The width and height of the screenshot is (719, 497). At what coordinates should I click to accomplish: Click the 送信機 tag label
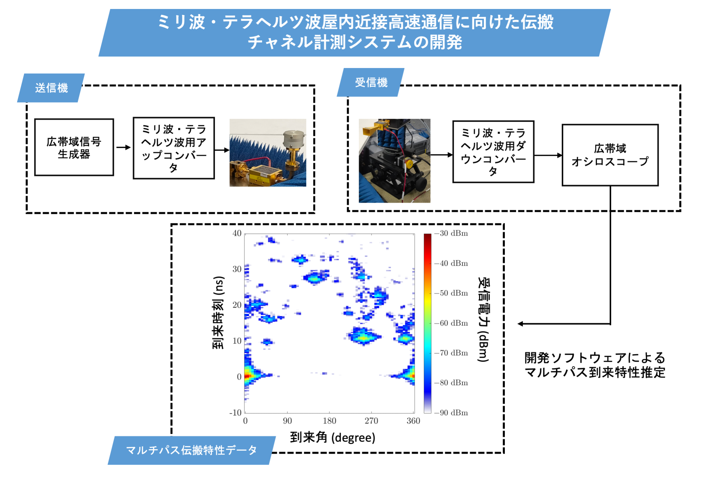51,88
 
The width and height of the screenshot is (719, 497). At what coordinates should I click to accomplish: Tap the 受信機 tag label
371,82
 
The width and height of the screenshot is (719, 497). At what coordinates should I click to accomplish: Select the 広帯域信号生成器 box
74,147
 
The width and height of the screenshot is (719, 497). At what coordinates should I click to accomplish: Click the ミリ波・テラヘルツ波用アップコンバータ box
174,148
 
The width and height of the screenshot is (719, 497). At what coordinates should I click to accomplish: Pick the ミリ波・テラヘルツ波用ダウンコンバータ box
493,151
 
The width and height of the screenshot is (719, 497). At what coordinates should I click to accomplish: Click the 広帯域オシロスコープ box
610,155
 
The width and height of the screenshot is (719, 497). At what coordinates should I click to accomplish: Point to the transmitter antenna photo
268,153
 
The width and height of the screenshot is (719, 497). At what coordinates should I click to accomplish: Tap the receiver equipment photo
394,161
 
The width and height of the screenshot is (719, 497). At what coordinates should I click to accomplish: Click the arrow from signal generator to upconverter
123,147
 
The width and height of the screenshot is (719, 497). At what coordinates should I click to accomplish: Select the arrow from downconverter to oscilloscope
548,155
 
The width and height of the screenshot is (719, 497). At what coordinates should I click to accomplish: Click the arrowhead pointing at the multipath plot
521,324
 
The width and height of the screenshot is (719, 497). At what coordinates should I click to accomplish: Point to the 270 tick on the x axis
371,421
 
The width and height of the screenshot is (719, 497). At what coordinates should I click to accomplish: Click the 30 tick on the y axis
237,269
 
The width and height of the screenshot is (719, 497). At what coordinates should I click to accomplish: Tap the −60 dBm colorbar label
451,323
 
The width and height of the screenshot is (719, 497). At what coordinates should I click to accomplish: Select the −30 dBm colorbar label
451,233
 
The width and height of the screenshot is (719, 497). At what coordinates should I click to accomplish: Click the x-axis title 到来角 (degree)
333,437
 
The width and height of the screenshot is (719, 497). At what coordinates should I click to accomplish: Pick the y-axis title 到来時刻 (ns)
218,313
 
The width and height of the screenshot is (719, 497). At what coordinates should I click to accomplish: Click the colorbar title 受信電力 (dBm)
483,320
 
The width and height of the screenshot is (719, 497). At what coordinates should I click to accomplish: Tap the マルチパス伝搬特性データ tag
191,450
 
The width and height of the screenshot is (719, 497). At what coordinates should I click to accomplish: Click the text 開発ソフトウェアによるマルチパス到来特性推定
595,365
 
